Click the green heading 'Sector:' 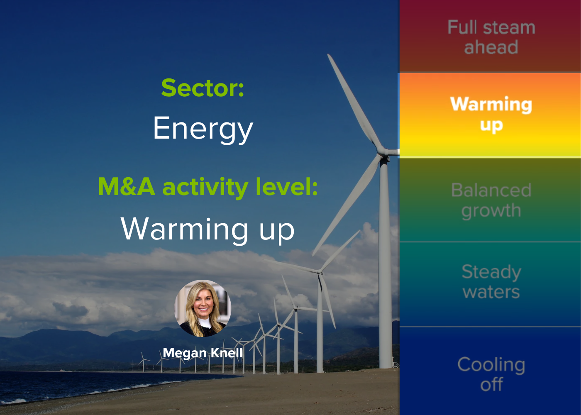[x=203, y=88]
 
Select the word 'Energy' [x=203, y=129]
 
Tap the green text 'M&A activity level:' [x=208, y=188]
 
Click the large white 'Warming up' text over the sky [x=207, y=230]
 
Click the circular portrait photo [x=203, y=308]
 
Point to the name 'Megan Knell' [x=203, y=353]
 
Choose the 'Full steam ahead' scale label [x=491, y=37]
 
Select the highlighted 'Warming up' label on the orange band [x=491, y=114]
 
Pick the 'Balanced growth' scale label [x=491, y=200]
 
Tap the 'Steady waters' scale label [x=491, y=282]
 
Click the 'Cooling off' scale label [x=491, y=374]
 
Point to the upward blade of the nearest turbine [x=354, y=101]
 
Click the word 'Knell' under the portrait [x=227, y=353]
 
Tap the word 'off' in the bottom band [x=491, y=384]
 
